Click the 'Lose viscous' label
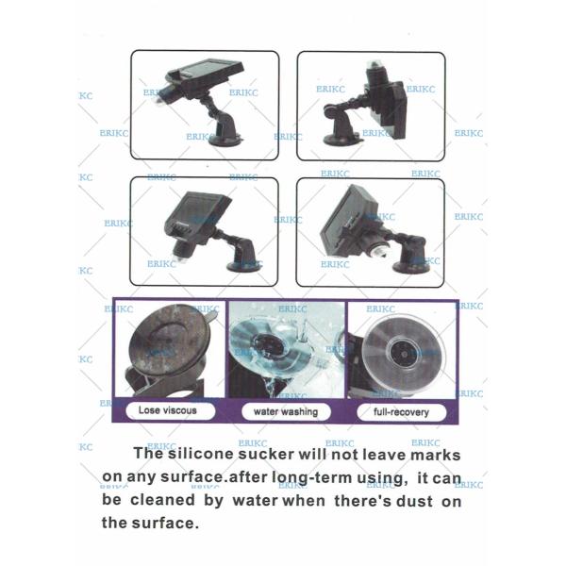168,410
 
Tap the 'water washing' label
286,412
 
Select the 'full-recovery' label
401,412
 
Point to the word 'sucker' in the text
266,455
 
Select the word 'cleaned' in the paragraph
162,500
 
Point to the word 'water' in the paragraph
256,501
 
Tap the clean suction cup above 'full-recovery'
404,355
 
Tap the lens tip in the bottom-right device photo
379,252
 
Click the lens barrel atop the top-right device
376,74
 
